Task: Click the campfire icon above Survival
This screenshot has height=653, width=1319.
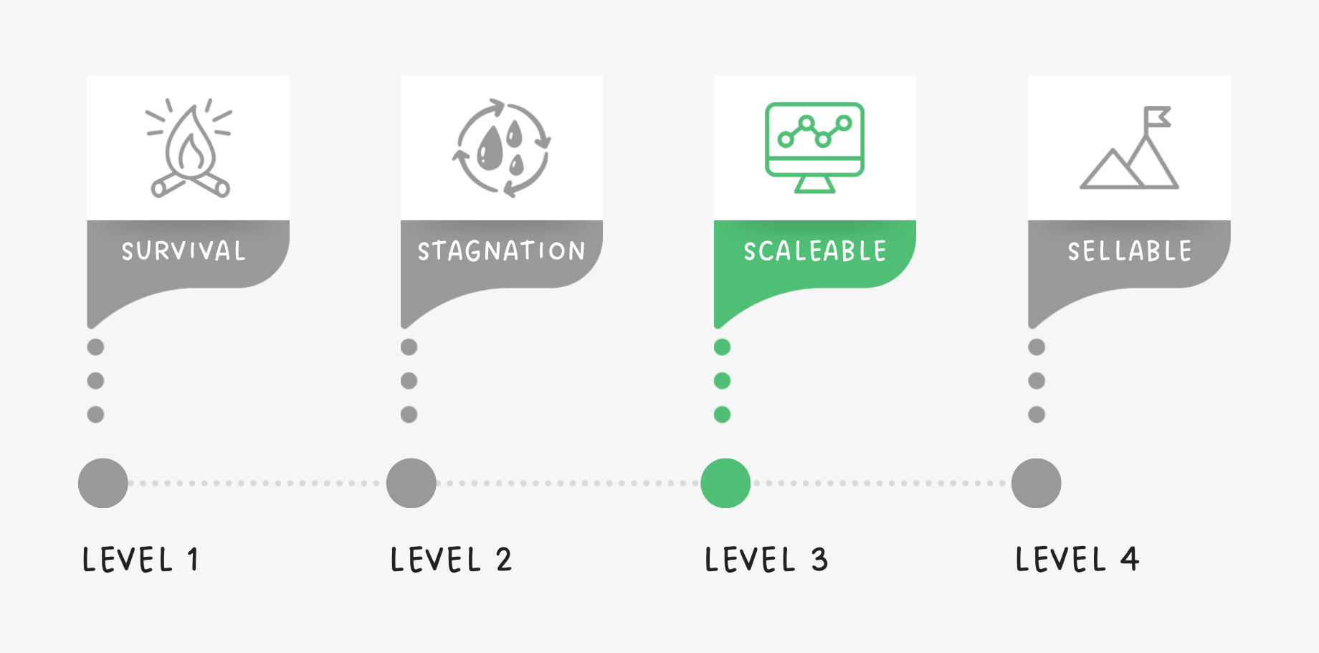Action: (x=189, y=149)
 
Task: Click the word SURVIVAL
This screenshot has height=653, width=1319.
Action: (x=184, y=251)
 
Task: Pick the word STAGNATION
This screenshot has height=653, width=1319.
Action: (x=501, y=251)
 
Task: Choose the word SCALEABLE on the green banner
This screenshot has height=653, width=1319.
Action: (x=814, y=251)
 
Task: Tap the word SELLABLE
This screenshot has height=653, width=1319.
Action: (x=1129, y=251)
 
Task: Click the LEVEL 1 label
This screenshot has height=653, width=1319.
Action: (x=141, y=560)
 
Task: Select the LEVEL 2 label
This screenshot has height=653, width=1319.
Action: (x=451, y=560)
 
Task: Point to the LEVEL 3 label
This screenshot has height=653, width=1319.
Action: (x=766, y=560)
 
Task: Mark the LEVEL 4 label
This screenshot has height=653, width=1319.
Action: (x=1077, y=560)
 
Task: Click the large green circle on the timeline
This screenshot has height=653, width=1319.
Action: (x=725, y=483)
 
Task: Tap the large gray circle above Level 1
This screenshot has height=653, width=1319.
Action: (x=103, y=483)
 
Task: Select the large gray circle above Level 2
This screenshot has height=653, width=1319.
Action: (x=411, y=483)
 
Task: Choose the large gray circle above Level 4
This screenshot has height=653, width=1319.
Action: (x=1037, y=483)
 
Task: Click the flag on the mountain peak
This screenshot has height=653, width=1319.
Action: (x=1157, y=117)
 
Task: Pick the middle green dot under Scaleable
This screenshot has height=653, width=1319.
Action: (x=723, y=380)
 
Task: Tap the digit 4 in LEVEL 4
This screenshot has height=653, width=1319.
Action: (x=1130, y=559)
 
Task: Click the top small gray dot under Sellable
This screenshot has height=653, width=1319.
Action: (x=1037, y=347)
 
